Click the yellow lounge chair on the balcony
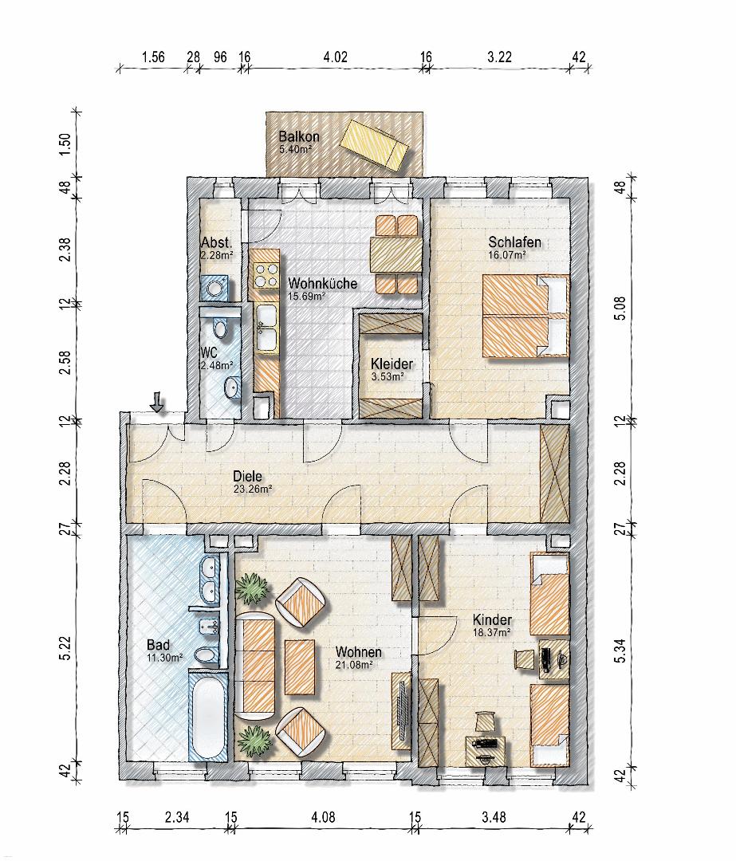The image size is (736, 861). coord(374,145)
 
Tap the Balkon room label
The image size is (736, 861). coord(299,136)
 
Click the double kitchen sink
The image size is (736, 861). coord(267,328)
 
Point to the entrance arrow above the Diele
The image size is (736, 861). coord(157,401)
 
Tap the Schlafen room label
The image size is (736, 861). coord(514,242)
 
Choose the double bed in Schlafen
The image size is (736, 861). coord(525,316)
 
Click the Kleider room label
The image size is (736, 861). coord(392,364)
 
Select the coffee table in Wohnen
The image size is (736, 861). coord(300,666)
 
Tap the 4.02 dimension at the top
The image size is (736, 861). coord(335,57)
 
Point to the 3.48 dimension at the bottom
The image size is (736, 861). coord(494,817)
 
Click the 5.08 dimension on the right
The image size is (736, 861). coord(620,309)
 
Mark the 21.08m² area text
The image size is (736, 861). coord(354,665)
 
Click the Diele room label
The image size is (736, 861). coord(247,476)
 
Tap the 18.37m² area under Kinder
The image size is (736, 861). coord(492,632)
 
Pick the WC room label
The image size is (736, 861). coord(210,352)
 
